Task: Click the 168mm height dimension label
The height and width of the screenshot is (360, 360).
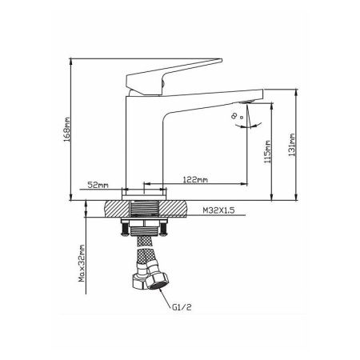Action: click(x=66, y=130)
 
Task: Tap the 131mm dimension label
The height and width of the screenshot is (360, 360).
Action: click(x=292, y=145)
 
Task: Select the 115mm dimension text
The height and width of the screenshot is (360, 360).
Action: click(x=267, y=152)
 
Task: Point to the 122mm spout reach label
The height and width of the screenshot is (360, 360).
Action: click(x=195, y=179)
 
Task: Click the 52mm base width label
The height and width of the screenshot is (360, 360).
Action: click(x=98, y=185)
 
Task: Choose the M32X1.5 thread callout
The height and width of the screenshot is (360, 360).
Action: click(x=218, y=210)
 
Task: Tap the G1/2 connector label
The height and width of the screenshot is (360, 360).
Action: click(x=182, y=307)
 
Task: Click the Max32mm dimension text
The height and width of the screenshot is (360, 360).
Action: click(x=82, y=263)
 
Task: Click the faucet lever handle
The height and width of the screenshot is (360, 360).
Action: click(x=170, y=76)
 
